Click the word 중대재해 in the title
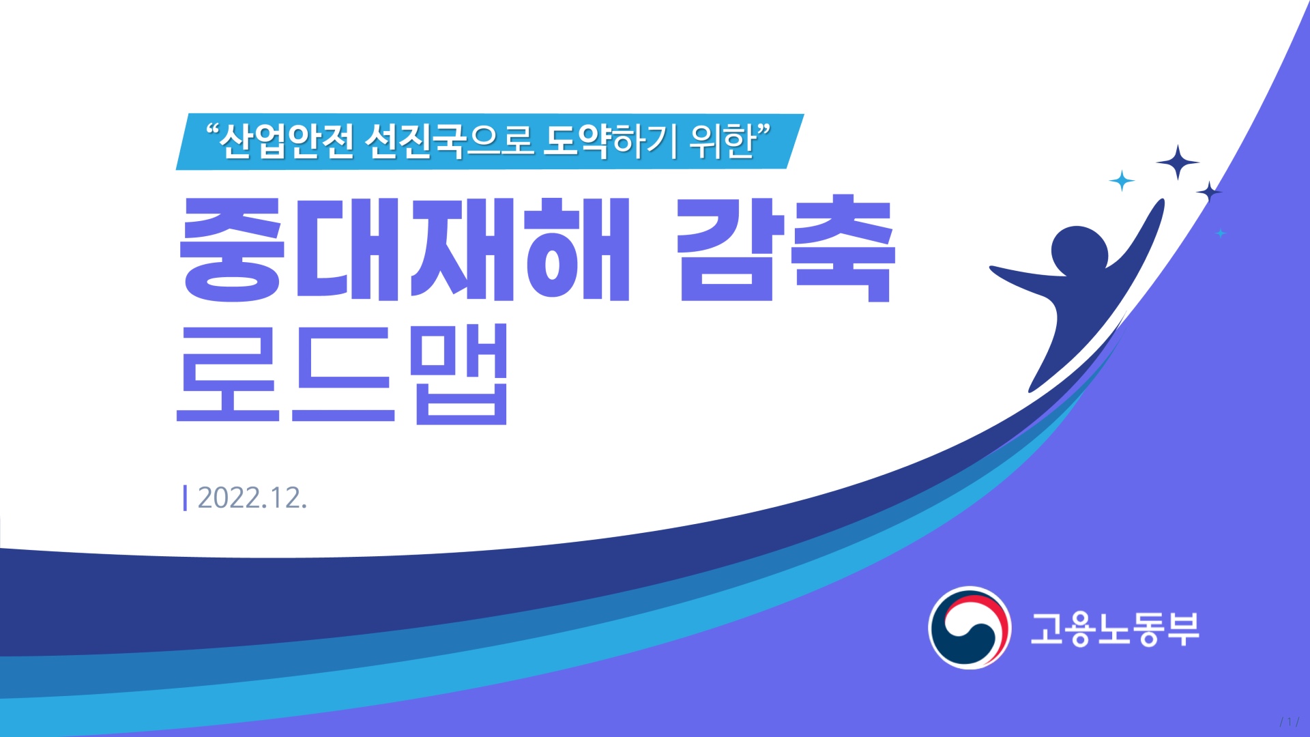404,249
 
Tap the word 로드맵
343,374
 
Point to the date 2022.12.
252,498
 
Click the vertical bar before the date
185,497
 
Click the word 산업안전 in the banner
287,141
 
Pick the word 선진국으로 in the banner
449,141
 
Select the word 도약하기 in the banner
610,141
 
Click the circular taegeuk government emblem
969,628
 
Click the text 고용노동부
1115,628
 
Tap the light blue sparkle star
1122,181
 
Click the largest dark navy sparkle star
1178,162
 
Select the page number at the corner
1289,721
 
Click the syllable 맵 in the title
461,374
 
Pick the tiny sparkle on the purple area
1221,233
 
